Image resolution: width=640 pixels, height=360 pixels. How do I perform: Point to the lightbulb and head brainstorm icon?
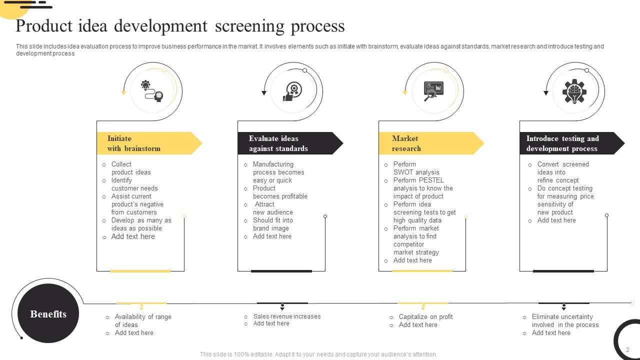pyautogui.click(x=152, y=91)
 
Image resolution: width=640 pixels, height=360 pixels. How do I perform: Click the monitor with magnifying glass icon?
pyautogui.click(x=433, y=91)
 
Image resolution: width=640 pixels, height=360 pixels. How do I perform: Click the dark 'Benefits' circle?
pyautogui.click(x=48, y=314)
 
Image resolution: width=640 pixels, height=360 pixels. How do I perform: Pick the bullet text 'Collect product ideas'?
pyautogui.click(x=130, y=168)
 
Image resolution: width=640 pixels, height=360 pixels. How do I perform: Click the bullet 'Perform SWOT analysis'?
pyautogui.click(x=416, y=168)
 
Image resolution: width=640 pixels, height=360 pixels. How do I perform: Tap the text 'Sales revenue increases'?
pyautogui.click(x=286, y=316)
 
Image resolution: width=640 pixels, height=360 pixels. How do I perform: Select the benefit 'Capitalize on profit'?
pyautogui.click(x=425, y=317)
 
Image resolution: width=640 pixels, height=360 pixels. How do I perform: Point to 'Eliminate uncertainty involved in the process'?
pyautogui.click(x=565, y=320)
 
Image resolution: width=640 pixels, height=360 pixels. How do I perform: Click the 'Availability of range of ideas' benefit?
pyautogui.click(x=142, y=320)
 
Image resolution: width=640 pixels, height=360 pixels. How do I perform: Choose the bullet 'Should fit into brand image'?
pyautogui.click(x=272, y=224)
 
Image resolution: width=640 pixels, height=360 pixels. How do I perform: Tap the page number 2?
pyautogui.click(x=627, y=350)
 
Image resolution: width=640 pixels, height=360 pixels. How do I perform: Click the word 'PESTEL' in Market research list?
pyautogui.click(x=431, y=180)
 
